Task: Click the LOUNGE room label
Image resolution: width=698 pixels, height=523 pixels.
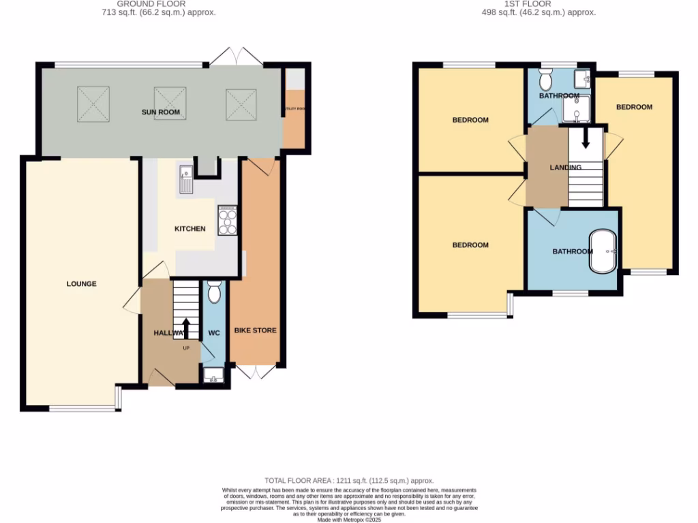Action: (x=81, y=284)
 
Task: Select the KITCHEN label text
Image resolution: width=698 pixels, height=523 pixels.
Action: (x=190, y=229)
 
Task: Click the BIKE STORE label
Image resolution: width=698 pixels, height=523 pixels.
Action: (x=256, y=331)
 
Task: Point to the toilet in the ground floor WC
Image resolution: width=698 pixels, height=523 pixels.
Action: (x=214, y=292)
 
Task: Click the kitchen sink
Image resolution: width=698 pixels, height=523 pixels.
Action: (x=186, y=178)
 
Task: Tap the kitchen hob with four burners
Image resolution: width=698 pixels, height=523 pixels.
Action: (x=227, y=221)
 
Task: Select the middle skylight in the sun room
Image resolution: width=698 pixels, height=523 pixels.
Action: (x=170, y=103)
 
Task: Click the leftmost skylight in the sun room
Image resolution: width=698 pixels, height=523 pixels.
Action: (x=93, y=102)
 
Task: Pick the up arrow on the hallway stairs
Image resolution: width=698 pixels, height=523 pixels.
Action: (x=186, y=328)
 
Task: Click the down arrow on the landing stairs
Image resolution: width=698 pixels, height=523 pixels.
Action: (x=585, y=138)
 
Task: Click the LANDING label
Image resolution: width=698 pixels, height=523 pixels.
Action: (x=566, y=168)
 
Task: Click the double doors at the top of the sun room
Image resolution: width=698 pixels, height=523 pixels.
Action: (x=236, y=57)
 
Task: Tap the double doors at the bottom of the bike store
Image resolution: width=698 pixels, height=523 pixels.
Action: (x=256, y=371)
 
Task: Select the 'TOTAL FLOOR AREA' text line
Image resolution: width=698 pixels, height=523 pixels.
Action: (x=349, y=481)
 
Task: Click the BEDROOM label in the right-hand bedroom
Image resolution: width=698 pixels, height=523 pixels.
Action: (x=634, y=107)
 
